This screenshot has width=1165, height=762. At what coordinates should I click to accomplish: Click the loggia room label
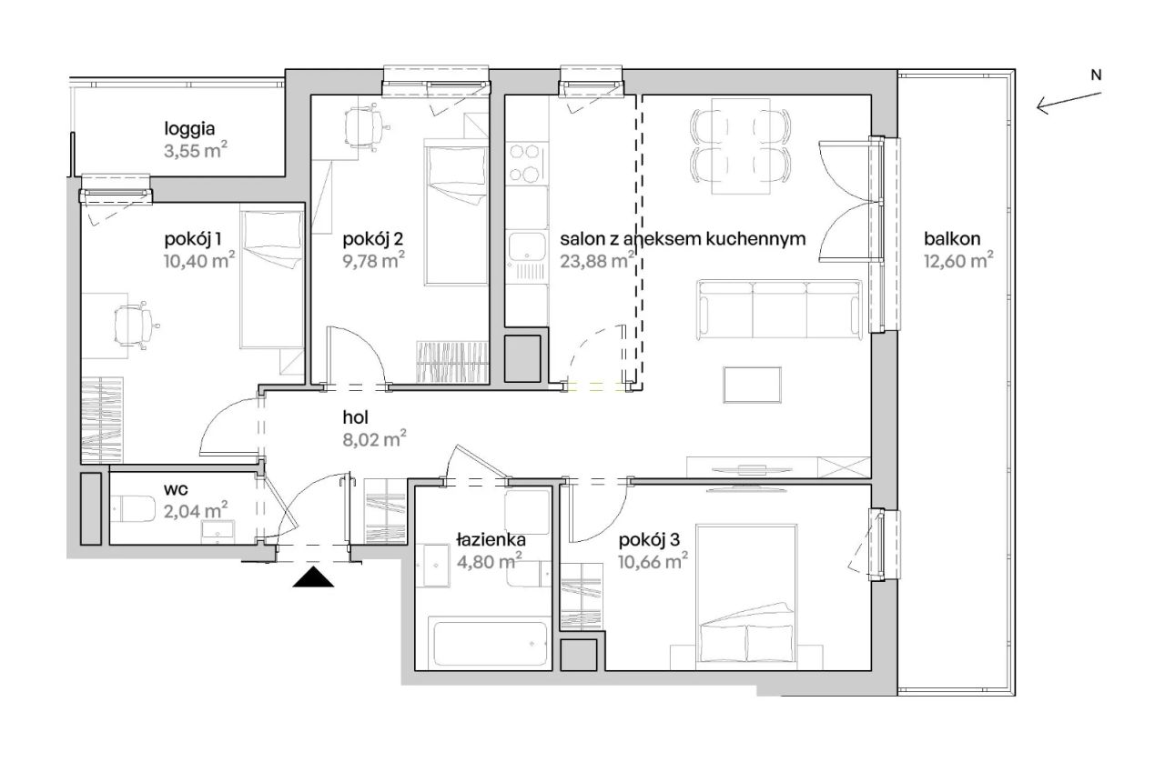coord(189,129)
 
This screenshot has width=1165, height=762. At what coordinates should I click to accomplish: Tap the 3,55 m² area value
coord(196,151)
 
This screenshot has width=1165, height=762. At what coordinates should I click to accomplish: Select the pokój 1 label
coord(192,239)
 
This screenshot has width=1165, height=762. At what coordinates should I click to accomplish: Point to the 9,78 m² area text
coord(374,260)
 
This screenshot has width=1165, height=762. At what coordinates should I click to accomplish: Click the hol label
coord(355,416)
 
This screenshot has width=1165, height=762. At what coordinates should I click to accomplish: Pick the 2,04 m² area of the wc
coord(196,511)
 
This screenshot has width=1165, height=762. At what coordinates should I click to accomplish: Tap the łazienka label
coord(491,540)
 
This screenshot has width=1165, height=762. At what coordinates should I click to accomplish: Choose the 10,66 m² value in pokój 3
coord(653,561)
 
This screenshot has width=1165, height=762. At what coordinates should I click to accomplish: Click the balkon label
coord(952,238)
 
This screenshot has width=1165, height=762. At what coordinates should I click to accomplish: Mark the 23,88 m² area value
coord(597,260)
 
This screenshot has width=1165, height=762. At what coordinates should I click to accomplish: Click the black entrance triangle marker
coord(313,577)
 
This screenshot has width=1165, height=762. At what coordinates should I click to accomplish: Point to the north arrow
coord(1069,101)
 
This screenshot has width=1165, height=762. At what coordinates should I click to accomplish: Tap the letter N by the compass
coord(1096,75)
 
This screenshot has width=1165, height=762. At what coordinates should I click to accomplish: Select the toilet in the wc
coord(133,509)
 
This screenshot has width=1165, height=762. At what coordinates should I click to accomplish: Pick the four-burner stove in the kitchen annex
coord(525,163)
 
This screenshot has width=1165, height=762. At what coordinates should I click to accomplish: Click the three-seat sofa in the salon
coord(779,310)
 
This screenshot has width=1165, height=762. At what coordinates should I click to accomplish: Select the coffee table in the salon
coord(752,385)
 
